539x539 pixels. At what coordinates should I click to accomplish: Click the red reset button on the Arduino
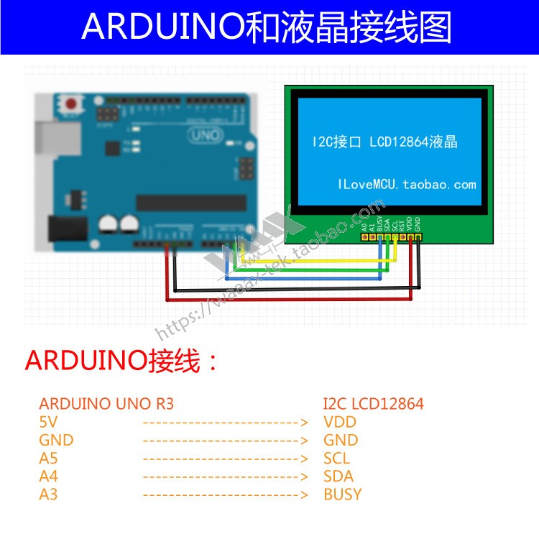[x=70, y=104]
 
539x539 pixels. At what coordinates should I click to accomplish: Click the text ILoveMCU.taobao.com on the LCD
[x=407, y=185]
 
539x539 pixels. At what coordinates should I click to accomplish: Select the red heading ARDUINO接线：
[x=121, y=360]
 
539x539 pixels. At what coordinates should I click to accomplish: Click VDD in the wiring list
[x=340, y=422]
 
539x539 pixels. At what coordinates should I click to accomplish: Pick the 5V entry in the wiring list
[x=48, y=422]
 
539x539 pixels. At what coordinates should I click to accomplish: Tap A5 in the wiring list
[x=48, y=458]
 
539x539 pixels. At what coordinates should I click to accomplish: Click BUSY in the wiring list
[x=343, y=494]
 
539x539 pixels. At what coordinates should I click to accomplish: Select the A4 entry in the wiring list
[x=48, y=476]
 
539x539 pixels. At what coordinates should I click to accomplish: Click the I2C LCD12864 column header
[x=374, y=403]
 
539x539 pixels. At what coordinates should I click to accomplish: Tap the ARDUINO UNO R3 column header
[x=106, y=403]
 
